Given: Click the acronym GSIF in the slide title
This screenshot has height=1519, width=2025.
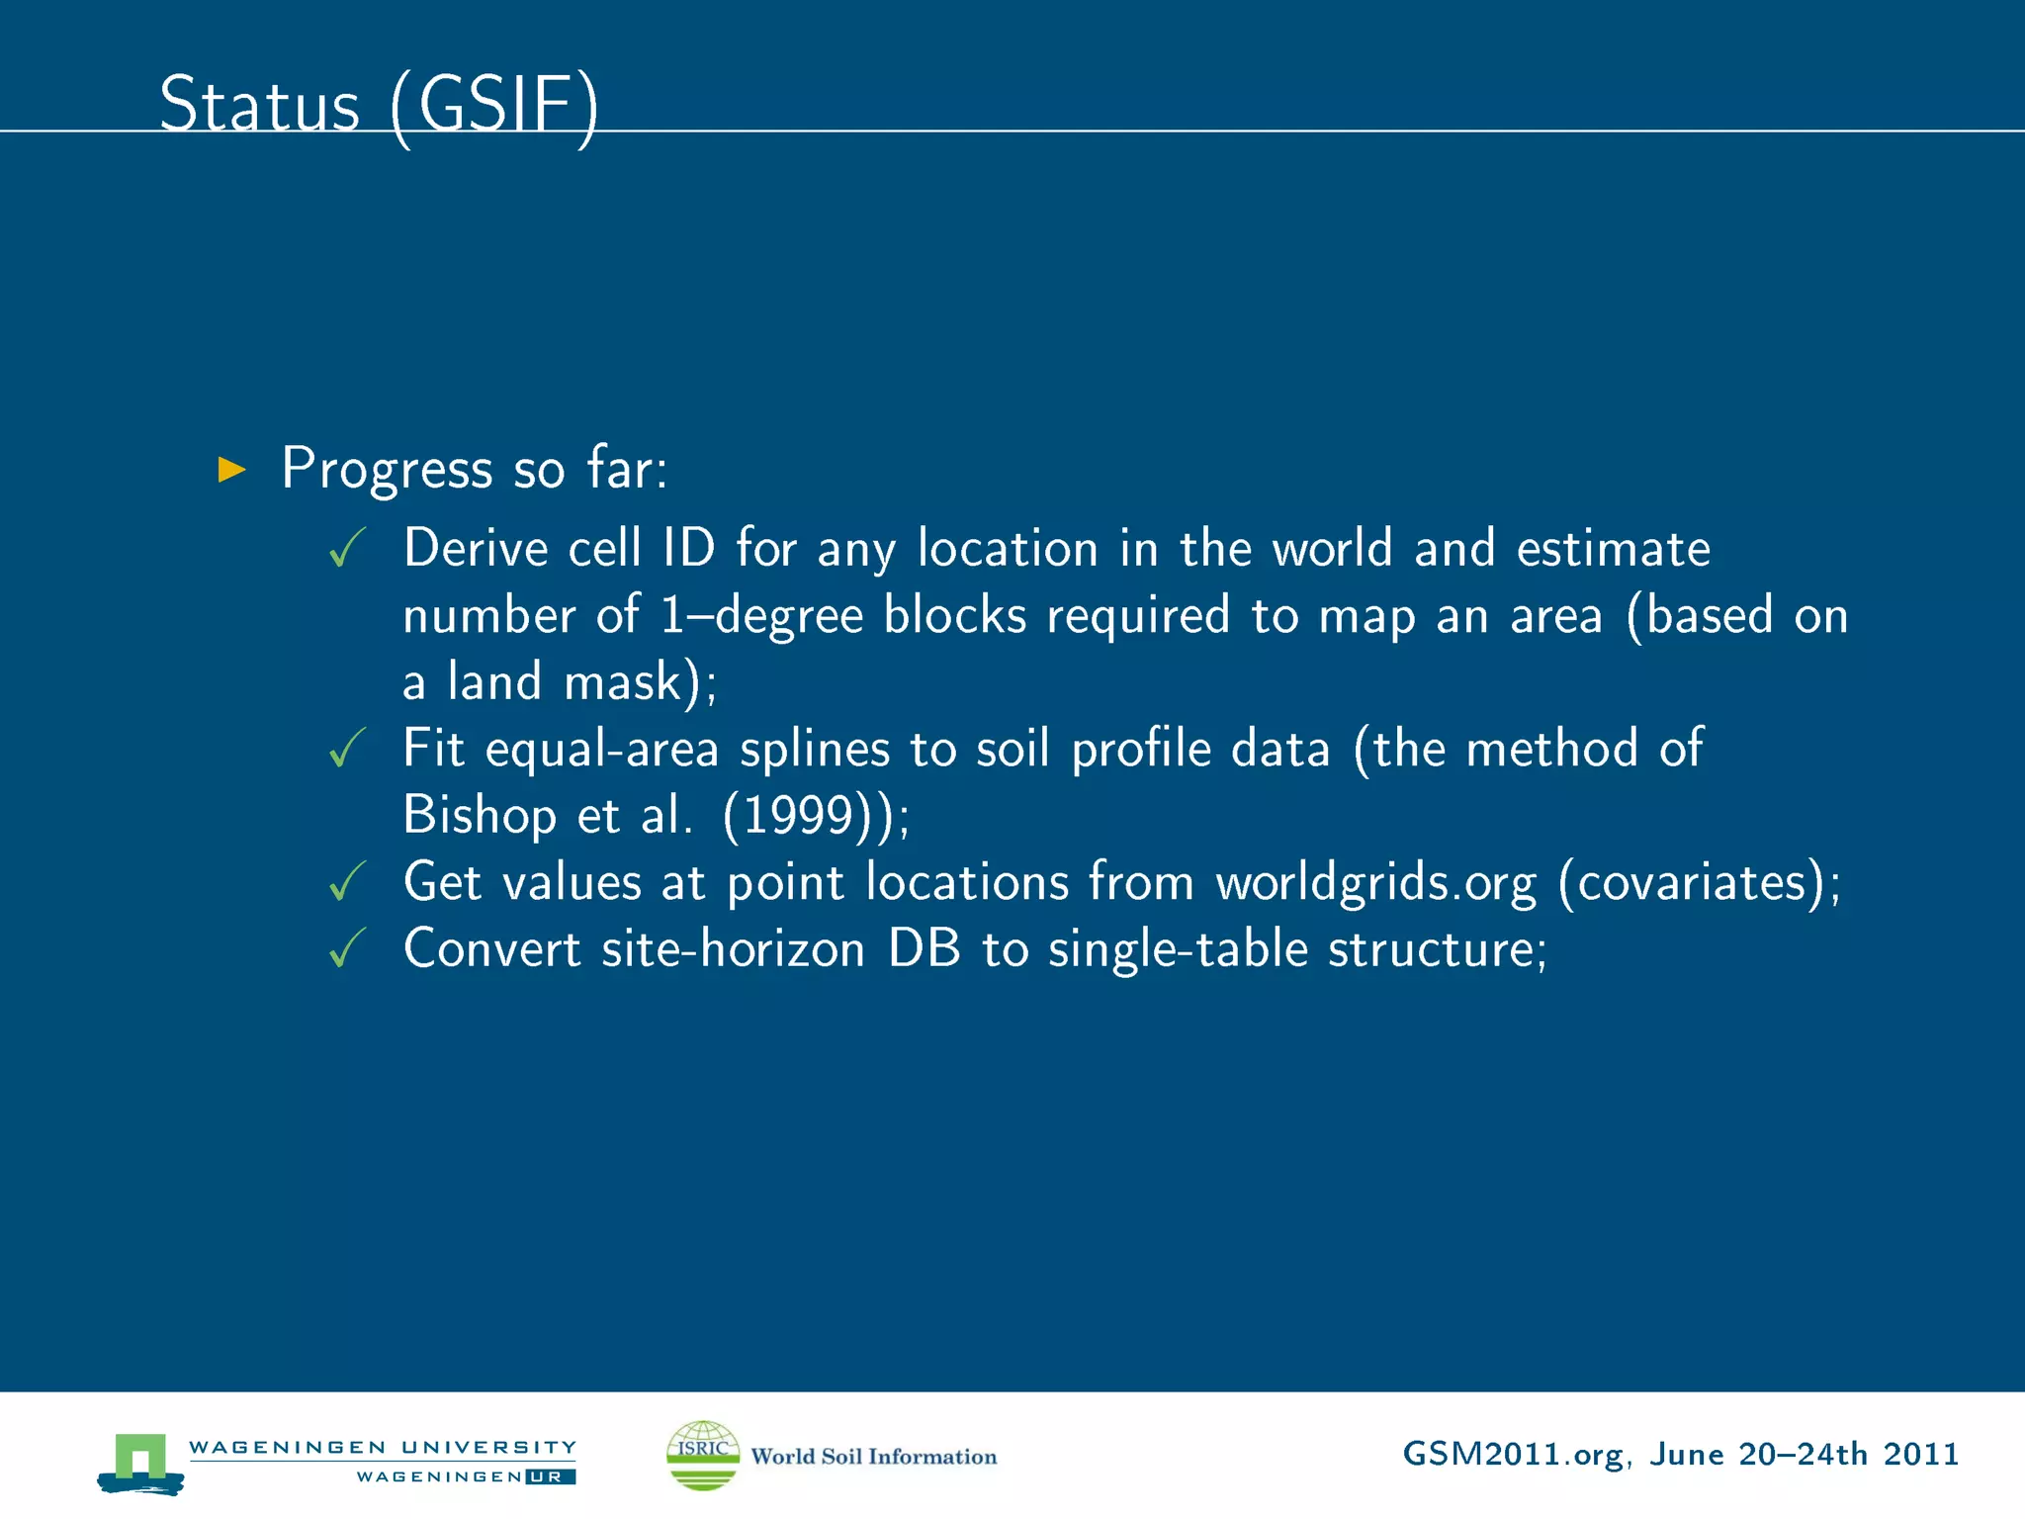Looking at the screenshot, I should tap(494, 105).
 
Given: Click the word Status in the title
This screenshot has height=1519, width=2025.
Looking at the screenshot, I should tap(259, 105).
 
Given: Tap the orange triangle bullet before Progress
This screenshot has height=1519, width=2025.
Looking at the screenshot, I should tap(231, 469).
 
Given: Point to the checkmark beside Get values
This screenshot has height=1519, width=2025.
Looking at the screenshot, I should tap(347, 881).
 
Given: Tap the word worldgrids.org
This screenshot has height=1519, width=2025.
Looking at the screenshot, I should tap(1375, 882).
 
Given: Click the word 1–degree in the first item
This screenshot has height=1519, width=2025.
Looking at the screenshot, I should tap(760, 616).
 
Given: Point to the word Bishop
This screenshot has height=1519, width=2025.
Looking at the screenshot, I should tap(480, 816).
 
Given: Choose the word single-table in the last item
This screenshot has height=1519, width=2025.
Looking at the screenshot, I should tap(1178, 949).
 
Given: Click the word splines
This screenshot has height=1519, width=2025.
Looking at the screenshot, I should tap(815, 750).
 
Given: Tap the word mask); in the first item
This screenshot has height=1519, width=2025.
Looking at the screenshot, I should tap(640, 682).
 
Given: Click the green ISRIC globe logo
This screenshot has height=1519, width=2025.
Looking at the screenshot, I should tap(703, 1455).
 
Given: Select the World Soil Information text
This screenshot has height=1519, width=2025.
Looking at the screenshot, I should tap(874, 1457).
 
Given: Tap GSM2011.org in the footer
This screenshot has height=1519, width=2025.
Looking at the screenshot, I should tap(1512, 1455).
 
